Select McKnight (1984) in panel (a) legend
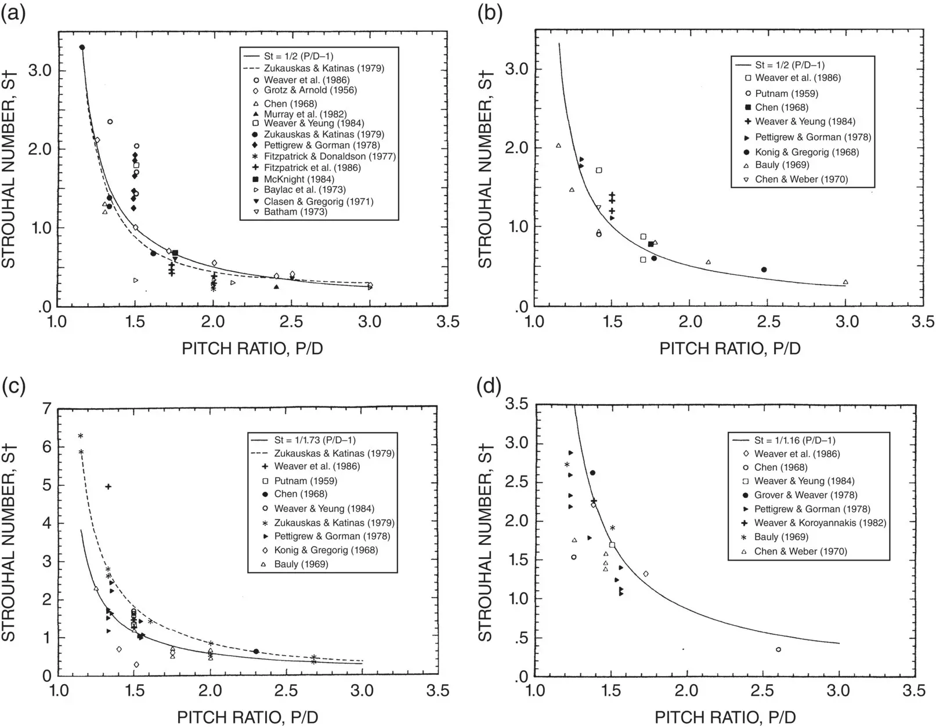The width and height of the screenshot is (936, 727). (x=292, y=179)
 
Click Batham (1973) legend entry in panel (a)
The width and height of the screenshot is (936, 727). (x=295, y=212)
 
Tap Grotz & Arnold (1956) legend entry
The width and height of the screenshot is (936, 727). (x=310, y=90)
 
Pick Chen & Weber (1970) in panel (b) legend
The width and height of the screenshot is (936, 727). (x=801, y=179)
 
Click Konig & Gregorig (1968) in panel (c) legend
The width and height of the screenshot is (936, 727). (x=326, y=550)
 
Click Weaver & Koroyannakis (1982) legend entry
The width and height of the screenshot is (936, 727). (x=820, y=523)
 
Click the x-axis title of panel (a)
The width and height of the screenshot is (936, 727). (x=252, y=348)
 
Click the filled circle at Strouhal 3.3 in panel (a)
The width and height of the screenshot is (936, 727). (x=82, y=48)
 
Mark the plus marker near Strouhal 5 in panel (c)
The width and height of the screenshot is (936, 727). (x=108, y=486)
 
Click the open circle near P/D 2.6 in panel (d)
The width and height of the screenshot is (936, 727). (x=778, y=649)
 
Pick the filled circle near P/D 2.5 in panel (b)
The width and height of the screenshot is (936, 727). (x=764, y=270)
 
